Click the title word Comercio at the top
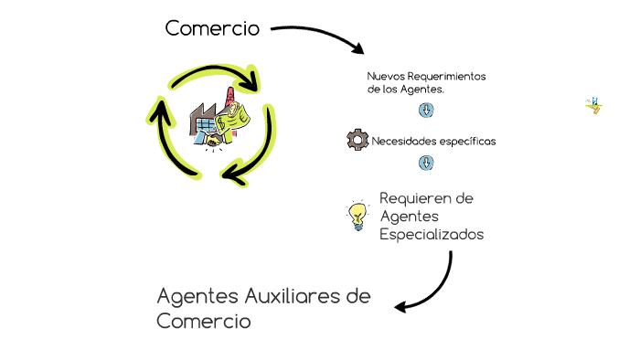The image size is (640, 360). (212, 29)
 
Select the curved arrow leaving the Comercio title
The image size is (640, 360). (320, 35)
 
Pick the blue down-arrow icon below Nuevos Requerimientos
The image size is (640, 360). (426, 111)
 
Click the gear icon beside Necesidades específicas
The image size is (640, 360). (357, 140)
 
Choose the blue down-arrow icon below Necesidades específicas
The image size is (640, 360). (426, 163)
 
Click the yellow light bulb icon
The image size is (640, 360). (357, 217)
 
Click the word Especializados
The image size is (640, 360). (431, 235)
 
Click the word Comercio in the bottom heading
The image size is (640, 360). (204, 322)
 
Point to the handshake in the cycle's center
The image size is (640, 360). (212, 142)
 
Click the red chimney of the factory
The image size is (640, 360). (226, 100)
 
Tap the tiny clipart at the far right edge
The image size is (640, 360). (593, 106)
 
